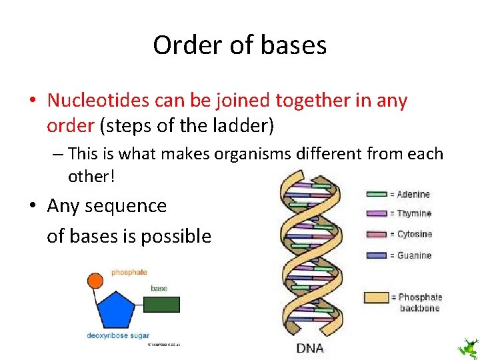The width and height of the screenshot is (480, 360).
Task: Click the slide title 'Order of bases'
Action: (x=239, y=45)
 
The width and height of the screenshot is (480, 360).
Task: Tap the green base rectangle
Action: (x=161, y=305)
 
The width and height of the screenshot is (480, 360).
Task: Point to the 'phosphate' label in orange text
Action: (x=129, y=272)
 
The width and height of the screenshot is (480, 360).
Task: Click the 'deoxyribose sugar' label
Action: (x=118, y=335)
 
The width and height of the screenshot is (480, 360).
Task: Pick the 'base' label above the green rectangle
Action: (x=159, y=289)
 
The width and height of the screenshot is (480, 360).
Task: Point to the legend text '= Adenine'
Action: (x=410, y=195)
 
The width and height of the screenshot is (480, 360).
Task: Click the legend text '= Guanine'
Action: (x=411, y=255)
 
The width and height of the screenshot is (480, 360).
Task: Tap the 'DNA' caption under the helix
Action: (x=310, y=348)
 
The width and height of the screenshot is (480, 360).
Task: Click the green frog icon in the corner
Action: (x=467, y=347)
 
